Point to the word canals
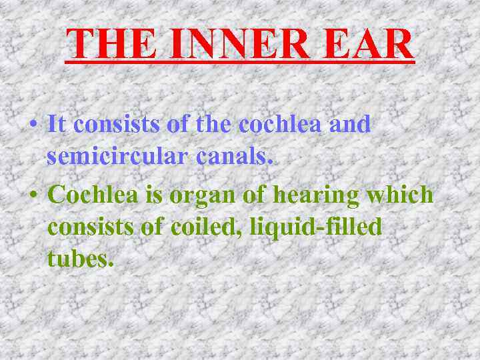coord(235,157)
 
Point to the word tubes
coord(76,258)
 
